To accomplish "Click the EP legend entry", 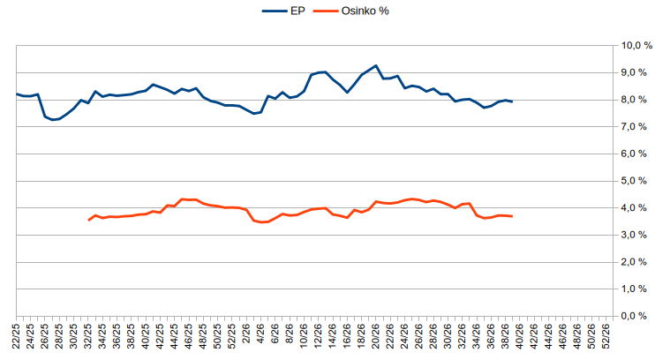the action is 283,11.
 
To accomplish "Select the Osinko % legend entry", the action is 351,11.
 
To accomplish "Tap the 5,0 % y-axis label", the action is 634,181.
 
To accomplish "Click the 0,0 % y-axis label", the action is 634,316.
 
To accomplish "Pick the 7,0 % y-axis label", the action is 634,126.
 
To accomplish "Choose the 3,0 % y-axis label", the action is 634,235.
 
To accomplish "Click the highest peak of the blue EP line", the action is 376,65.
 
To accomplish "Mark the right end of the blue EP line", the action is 512,101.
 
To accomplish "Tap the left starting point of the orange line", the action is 88,220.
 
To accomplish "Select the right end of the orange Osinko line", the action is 512,216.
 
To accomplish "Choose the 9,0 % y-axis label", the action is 634,72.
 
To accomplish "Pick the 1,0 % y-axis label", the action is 634,289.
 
